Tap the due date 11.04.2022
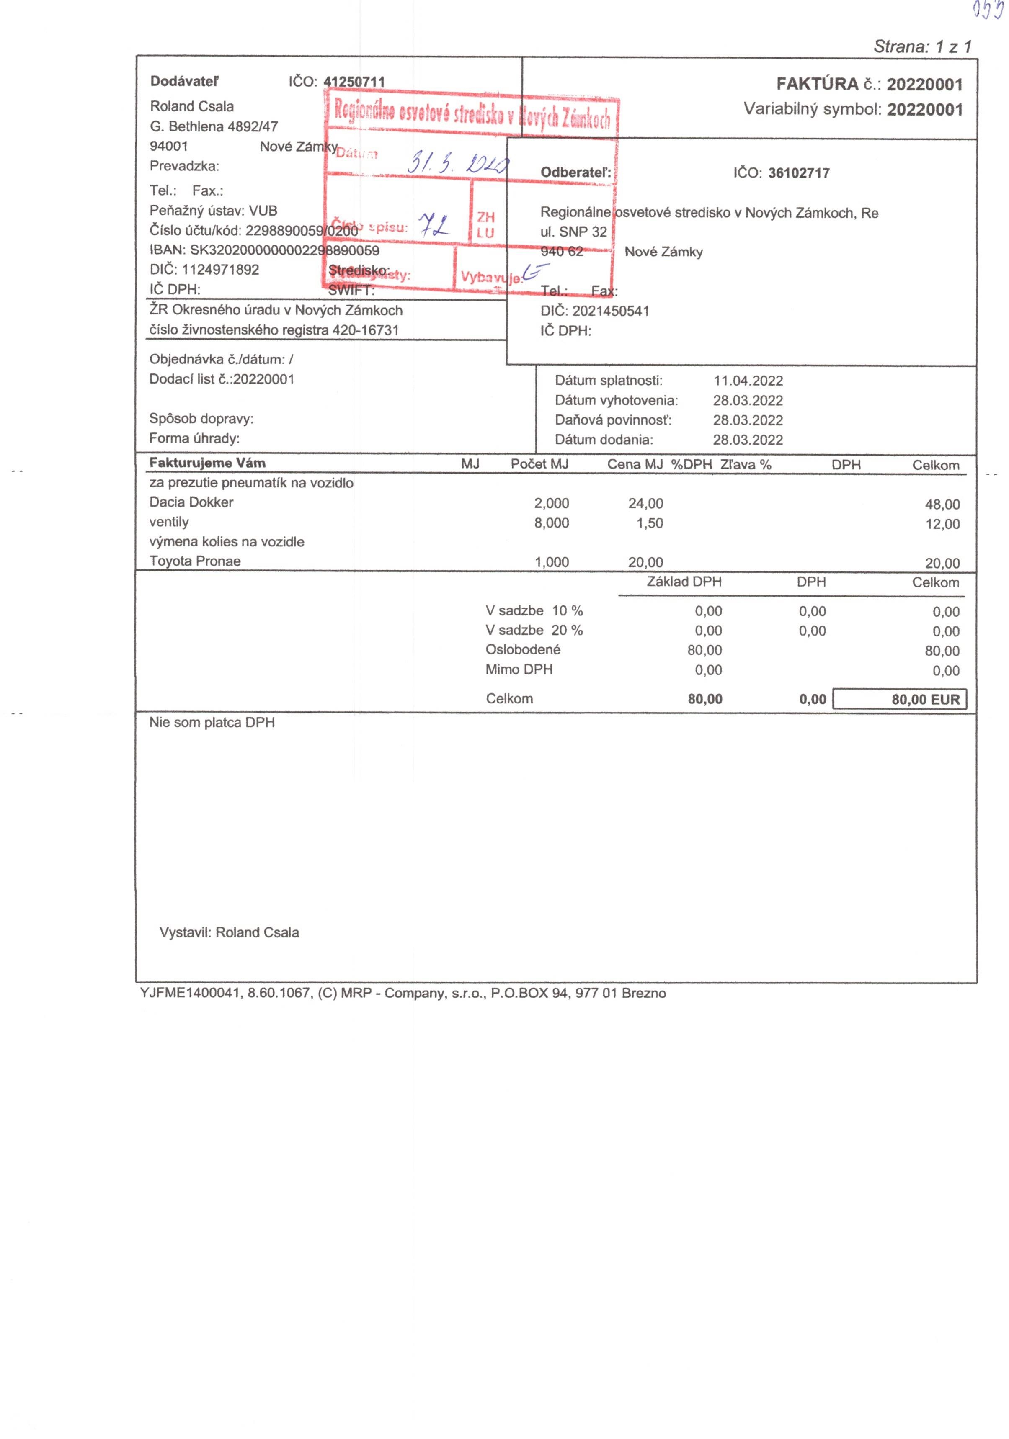pos(748,381)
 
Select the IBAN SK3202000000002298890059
pos(285,250)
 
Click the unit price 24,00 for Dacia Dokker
pos(645,503)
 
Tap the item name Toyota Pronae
pos(195,561)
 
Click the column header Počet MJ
pos(539,464)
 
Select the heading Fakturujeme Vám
pos(207,463)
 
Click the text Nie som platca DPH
pos(212,723)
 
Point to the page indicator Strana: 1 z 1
pos(922,46)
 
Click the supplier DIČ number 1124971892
pos(220,270)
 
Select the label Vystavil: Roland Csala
pos(229,932)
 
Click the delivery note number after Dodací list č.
pos(263,379)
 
